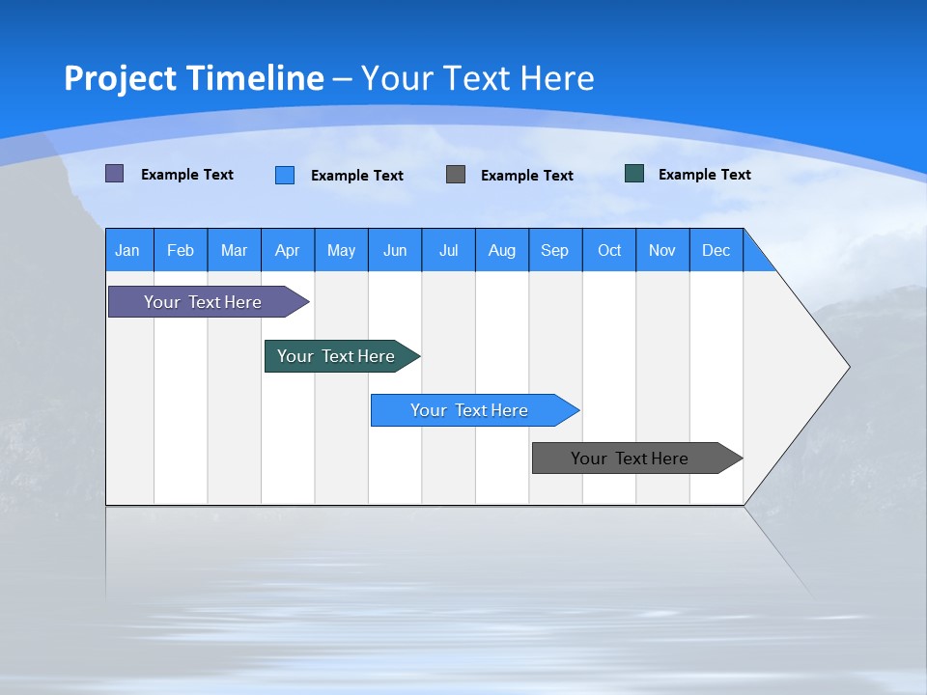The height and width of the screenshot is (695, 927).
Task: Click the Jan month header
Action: click(127, 250)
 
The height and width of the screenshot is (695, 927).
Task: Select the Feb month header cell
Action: click(181, 250)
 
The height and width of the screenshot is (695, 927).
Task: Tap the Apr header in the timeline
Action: click(287, 250)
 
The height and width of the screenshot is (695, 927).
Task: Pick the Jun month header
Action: click(395, 250)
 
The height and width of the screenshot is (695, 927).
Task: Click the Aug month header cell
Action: click(501, 250)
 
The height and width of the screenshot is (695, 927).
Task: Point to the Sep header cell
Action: click(554, 250)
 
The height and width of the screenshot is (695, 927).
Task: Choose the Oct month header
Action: click(609, 250)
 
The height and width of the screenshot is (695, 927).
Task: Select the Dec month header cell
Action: click(716, 250)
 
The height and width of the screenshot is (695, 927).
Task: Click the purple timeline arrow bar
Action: click(203, 302)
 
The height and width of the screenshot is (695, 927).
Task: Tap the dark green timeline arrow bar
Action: click(336, 356)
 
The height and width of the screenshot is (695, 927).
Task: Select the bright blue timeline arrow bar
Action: click(469, 410)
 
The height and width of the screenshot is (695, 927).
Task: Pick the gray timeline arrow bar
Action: click(630, 459)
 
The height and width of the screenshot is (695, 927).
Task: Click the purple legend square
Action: click(115, 174)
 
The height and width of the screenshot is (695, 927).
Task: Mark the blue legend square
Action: click(285, 175)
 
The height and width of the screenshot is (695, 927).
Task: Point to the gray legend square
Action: click(456, 174)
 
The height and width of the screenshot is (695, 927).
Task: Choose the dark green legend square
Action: click(634, 174)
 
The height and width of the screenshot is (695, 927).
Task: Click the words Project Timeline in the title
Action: click(194, 78)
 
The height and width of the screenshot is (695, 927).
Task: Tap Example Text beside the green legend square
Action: click(704, 175)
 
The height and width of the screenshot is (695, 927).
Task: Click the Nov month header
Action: click(662, 250)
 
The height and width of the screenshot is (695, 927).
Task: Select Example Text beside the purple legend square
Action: click(187, 175)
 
